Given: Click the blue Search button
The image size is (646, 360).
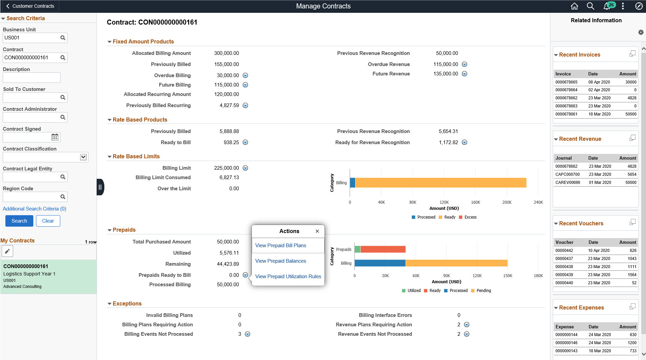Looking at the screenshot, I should tap(19, 221).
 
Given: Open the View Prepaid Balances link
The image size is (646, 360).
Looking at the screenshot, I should tap(280, 261).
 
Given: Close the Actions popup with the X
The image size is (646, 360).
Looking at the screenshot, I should tap(317, 231).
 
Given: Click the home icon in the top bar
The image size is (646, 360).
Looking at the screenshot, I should tap(574, 6).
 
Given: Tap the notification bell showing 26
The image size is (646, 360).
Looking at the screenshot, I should tap(607, 6).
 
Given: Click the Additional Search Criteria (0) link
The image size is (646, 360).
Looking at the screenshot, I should tap(34, 209).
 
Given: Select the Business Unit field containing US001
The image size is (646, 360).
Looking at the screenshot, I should tap(31, 38).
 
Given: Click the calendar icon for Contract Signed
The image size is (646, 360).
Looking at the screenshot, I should tap(55, 137).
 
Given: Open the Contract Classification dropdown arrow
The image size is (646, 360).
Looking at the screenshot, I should tap(83, 157).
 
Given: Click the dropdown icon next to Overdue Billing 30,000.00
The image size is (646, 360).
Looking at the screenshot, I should tap(245, 75).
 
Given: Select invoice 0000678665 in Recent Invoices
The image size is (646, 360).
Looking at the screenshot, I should tap(566, 82).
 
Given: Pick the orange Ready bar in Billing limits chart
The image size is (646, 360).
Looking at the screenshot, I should tap(441, 183).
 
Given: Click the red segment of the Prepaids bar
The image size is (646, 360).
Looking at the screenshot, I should tap(383, 249).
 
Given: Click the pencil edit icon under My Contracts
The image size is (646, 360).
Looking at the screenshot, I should tap(7, 251).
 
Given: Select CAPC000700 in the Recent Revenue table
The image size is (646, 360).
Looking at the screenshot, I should tap(567, 174).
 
